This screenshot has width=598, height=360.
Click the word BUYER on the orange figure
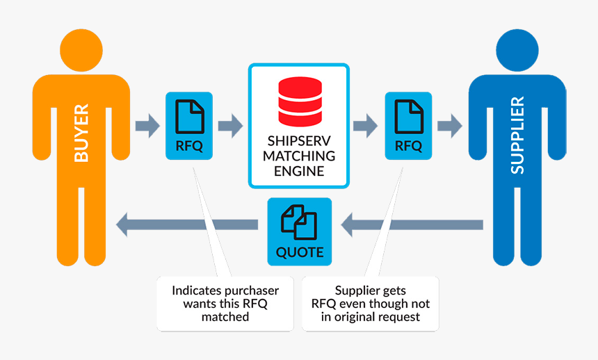pos(82,133)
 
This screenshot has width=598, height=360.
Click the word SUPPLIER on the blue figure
pos(517,135)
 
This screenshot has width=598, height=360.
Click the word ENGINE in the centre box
pos(300,171)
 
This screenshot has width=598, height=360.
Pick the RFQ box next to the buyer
pos(189,126)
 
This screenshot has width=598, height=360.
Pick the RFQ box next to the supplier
pos(408,126)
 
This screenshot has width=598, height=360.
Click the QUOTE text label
pos(300,252)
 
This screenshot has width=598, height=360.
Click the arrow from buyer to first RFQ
pos(147,126)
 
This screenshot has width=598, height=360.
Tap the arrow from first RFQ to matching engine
pos(230,126)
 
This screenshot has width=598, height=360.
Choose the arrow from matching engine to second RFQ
pos(366,126)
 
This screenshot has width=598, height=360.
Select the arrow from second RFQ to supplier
pos(449,126)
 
